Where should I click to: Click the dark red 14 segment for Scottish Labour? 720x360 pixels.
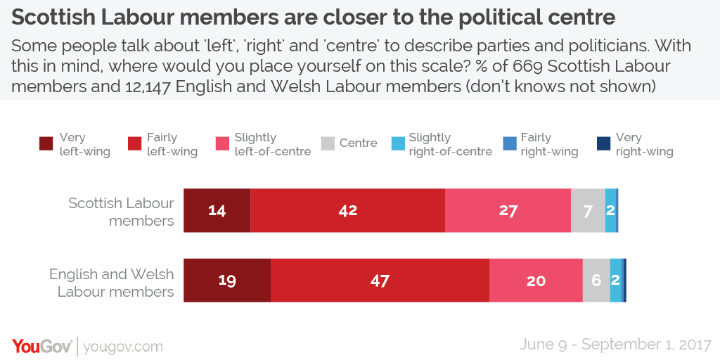pos(217,210)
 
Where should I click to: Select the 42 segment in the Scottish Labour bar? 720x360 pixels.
pos(347,210)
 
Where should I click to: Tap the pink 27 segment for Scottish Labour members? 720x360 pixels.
pos(508,210)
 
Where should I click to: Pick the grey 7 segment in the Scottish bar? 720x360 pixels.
pos(588,210)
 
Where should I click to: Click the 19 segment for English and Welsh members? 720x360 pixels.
pos(227,281)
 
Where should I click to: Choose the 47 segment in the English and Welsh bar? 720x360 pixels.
pos(380,281)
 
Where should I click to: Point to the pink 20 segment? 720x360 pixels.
pos(536,281)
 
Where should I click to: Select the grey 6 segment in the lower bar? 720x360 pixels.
pos(596,281)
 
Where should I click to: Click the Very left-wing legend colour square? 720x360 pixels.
pos(46,144)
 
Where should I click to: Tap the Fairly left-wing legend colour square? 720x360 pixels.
pos(134,144)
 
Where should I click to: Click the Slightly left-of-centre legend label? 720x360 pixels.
pos(273,144)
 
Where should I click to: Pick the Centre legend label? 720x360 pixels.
pos(358,143)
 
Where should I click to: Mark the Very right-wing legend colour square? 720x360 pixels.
pos(603,144)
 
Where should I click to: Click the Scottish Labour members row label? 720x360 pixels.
pos(121,212)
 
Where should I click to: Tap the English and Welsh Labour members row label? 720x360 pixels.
pos(112,283)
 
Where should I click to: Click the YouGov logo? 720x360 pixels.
pos(41,346)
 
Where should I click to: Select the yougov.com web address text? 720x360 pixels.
pos(123,347)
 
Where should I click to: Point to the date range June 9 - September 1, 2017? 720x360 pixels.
pos(615,345)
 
